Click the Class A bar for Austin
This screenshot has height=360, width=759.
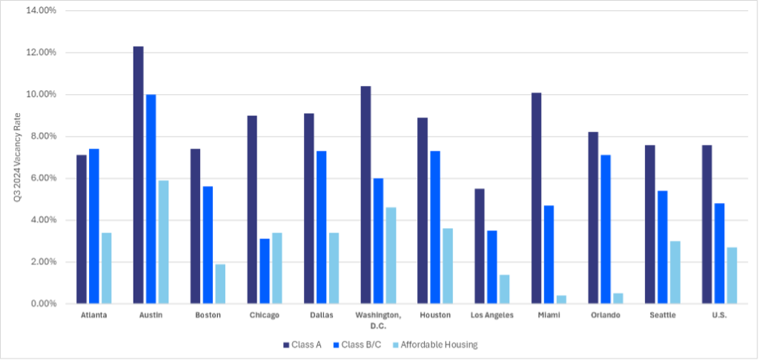[138, 175]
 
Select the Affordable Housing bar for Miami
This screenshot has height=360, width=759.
[561, 299]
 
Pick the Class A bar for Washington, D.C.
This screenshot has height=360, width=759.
[366, 195]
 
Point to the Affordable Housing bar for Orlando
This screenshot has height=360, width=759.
[618, 299]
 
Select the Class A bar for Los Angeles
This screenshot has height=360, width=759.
[480, 246]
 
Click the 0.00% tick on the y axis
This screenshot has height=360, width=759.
[43, 304]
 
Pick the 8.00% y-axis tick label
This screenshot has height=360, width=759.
[43, 136]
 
